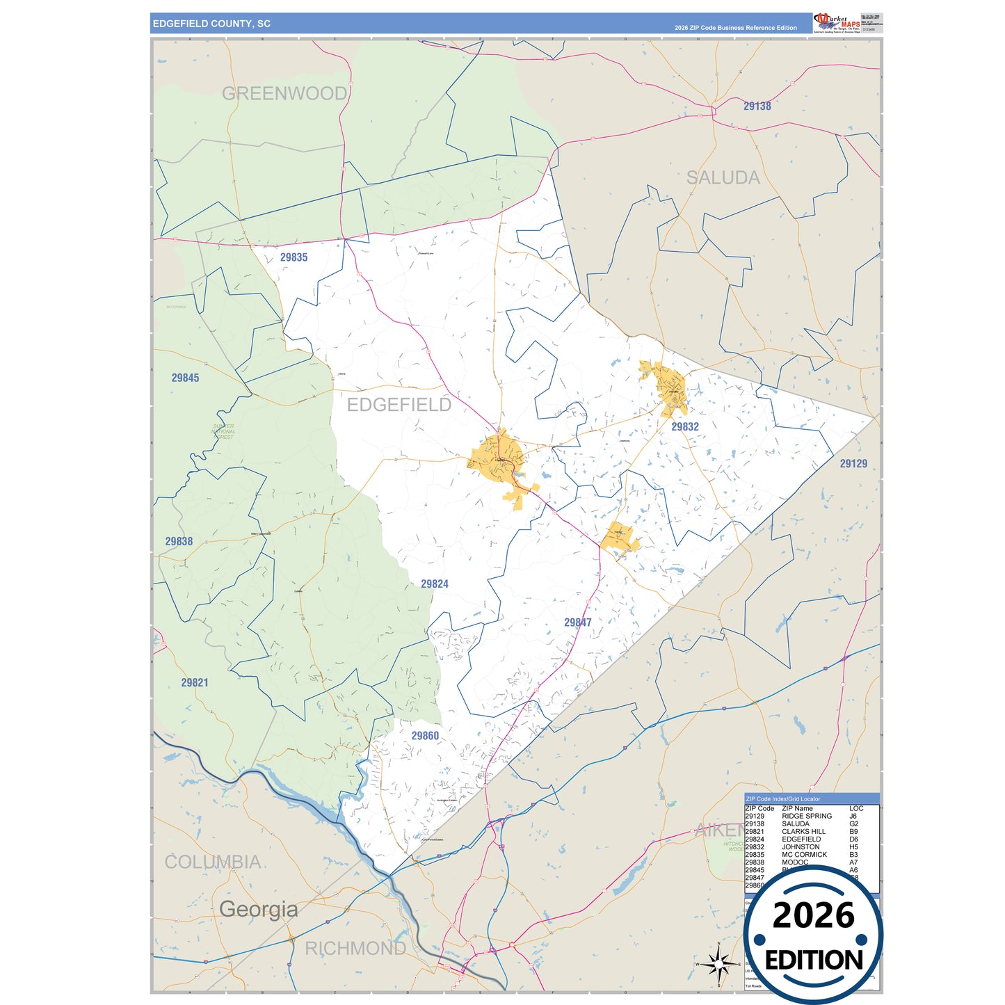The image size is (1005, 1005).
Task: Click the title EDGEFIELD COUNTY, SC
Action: coord(211,24)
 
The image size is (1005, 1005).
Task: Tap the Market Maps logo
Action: coord(837,22)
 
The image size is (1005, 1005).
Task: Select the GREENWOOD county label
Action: coord(284,93)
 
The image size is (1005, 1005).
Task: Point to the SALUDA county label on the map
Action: coord(723,178)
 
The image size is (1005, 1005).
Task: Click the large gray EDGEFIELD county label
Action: coord(399,405)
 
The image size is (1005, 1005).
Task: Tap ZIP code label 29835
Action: coord(294,257)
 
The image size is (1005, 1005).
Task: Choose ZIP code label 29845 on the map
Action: coord(185,378)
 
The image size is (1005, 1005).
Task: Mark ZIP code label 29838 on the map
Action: coord(179,541)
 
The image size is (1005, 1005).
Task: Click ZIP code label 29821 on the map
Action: coord(195,682)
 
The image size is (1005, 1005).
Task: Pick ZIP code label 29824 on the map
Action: coord(435,584)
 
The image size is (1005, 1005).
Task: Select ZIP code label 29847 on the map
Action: coord(578,622)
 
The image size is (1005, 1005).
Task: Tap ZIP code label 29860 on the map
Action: coord(425,736)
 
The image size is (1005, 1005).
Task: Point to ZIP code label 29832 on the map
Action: coord(685,427)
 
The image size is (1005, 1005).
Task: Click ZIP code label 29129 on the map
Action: coord(853,464)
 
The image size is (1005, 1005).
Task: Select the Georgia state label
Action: coord(258,909)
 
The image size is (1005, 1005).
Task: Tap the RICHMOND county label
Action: coord(355,948)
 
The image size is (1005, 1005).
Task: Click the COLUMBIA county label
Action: coord(213,862)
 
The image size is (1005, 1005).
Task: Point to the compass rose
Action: coord(719,964)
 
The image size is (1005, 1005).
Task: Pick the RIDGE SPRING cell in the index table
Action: coord(807,816)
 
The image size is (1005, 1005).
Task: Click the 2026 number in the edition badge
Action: coord(813,916)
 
